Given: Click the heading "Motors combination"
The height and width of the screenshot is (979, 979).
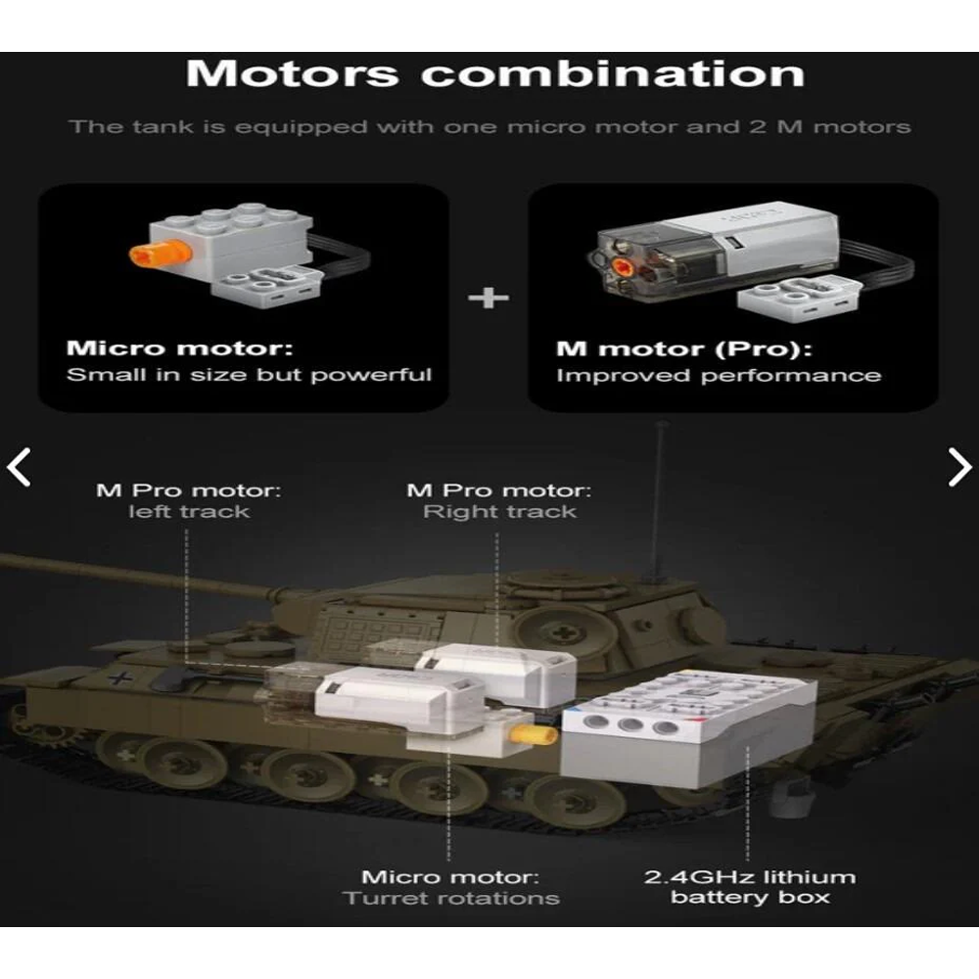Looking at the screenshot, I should click(494, 74).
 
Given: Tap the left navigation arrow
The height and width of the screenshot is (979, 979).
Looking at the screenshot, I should click(20, 468).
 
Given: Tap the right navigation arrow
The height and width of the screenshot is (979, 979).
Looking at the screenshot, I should click(959, 468).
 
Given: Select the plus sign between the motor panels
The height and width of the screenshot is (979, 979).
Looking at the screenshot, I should click(489, 297).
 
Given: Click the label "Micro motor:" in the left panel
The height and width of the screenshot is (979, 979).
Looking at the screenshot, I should click(178, 349).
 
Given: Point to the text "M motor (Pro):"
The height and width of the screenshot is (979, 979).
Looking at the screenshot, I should click(684, 350).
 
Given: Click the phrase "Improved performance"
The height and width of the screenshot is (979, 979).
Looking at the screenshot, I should click(718, 376).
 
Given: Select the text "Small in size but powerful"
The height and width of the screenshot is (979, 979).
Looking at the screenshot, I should click(249, 375).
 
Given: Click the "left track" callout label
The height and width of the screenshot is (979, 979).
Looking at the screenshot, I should click(189, 512).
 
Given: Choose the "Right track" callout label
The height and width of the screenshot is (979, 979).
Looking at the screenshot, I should click(499, 512).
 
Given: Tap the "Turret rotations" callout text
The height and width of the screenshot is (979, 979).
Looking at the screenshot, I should click(451, 898).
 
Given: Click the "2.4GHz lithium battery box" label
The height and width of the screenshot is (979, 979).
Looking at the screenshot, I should click(749, 887).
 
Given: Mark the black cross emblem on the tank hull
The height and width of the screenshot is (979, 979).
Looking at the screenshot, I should click(119, 676).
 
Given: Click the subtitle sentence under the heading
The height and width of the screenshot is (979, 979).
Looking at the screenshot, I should click(489, 127).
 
